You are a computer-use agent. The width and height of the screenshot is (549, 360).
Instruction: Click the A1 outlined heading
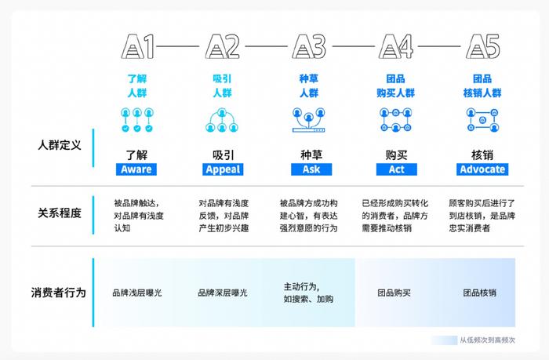pos(138,46)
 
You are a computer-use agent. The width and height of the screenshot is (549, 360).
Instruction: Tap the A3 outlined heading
pos(309,46)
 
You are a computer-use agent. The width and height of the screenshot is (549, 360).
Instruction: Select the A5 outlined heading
pos(482,46)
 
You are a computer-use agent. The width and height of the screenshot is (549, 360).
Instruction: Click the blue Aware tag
pos(136,169)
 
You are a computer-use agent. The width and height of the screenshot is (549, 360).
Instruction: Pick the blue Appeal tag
pos(223,169)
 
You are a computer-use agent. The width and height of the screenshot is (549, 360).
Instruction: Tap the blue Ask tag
pos(311,169)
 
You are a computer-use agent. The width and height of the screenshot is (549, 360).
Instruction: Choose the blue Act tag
pos(396,169)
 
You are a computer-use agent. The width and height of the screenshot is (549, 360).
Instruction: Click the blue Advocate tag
pos(482,169)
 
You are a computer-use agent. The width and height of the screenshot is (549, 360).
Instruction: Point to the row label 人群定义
pos(60,145)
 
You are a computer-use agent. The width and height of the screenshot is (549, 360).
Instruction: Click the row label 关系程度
pos(60,213)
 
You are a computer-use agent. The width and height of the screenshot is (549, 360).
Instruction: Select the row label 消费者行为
pos(59,293)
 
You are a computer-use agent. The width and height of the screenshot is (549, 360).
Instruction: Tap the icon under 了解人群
pos(137,120)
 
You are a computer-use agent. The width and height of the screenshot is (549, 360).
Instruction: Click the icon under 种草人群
pos(309,120)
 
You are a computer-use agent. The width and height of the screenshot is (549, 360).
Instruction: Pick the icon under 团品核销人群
pos(482,120)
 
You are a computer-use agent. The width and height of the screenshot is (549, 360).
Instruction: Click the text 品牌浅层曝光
pos(137,293)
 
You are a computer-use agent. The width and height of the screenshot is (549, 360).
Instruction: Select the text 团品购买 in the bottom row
pos(394,293)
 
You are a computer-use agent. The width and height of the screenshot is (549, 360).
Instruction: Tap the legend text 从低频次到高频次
pos(487,340)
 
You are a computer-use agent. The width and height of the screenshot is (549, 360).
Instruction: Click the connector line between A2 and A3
pos(266,46)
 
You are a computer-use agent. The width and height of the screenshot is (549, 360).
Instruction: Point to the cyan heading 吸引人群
pos(222,85)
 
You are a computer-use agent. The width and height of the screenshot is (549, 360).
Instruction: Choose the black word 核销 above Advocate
pos(482,155)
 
